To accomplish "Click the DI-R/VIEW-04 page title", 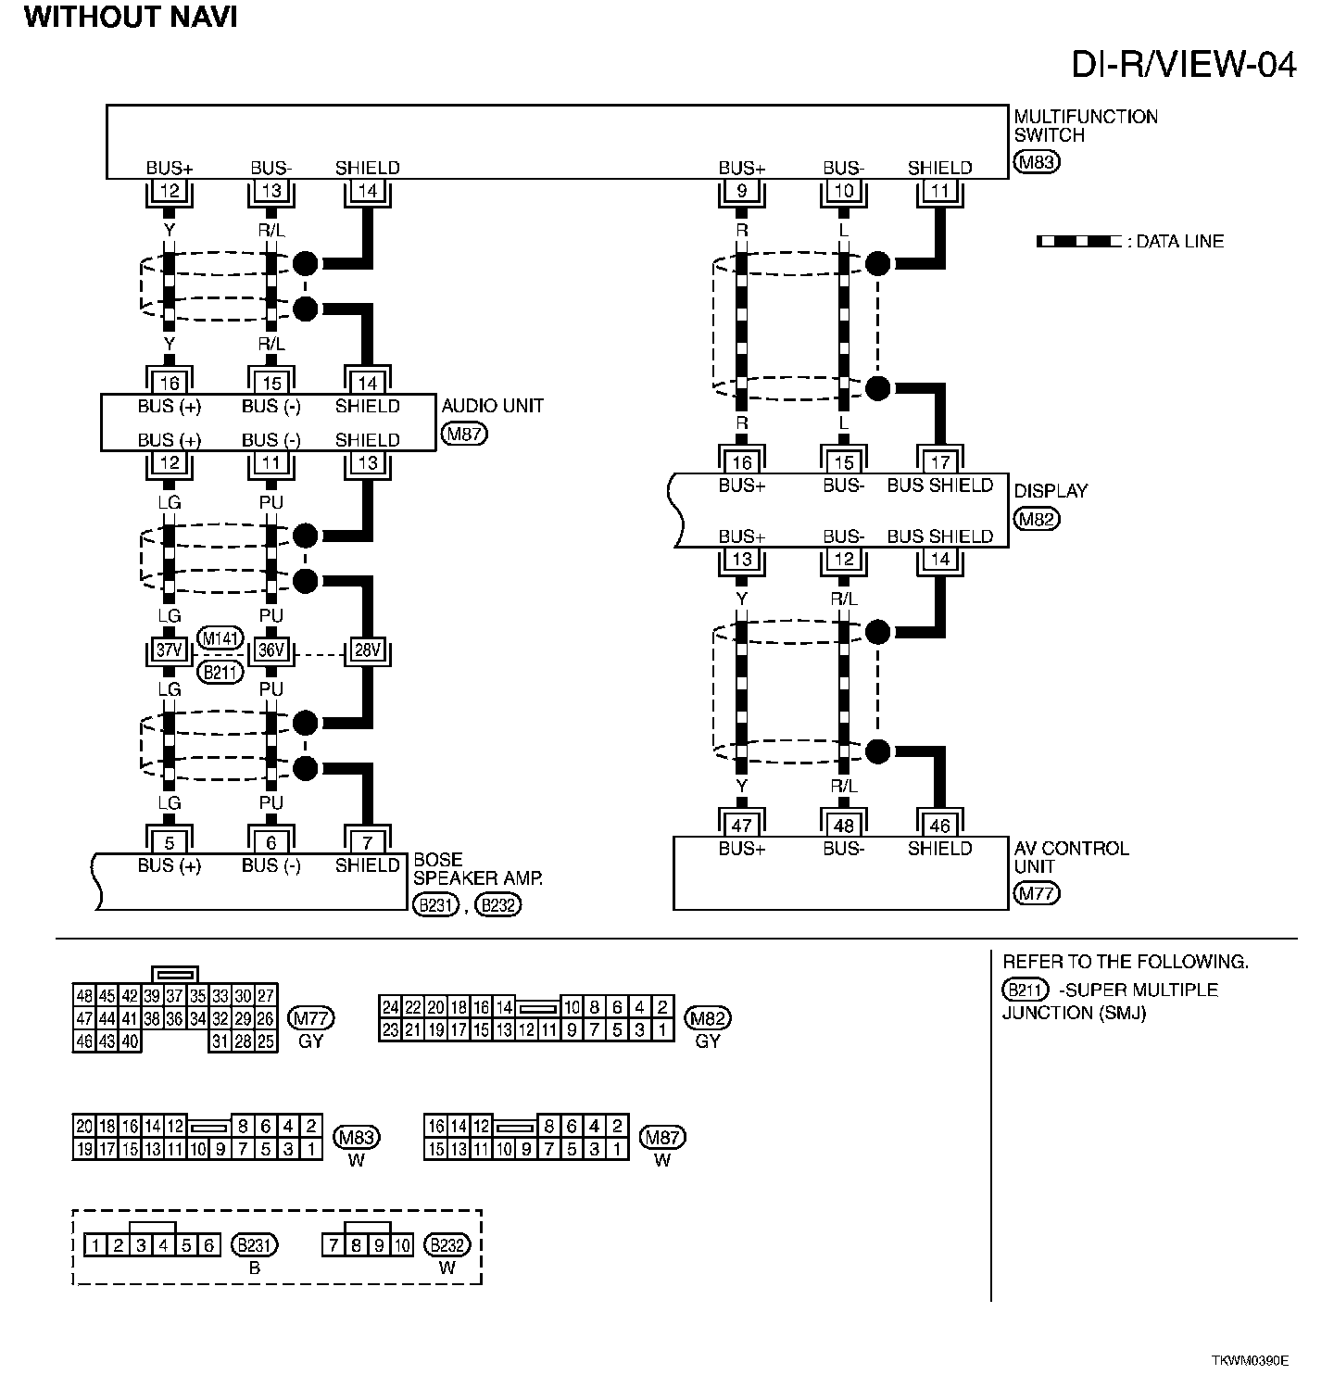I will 1183,64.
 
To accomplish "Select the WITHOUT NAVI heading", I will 131,17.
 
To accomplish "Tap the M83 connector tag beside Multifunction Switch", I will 1037,163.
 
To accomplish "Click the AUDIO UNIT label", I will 492,406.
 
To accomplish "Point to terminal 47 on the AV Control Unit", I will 741,825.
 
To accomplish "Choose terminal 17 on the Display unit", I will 939,461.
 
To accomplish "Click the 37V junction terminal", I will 169,650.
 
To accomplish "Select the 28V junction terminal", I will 368,650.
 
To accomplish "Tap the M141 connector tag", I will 220,637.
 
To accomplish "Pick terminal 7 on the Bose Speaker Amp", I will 368,842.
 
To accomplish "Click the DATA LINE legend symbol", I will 1078,242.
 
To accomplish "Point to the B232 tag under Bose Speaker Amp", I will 498,905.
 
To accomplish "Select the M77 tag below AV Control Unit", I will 1037,894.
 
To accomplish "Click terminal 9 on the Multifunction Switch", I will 741,192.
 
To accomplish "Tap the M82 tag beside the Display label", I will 1037,519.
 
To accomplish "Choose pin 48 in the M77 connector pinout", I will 84,996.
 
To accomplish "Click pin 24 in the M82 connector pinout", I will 390,1007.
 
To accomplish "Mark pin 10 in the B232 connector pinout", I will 401,1245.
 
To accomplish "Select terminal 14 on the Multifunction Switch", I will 368,192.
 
